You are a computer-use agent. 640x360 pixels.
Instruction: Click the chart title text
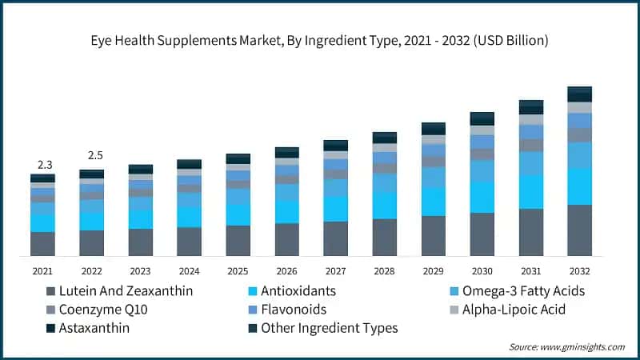click(320, 39)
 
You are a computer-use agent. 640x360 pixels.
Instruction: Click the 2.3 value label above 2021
click(42, 164)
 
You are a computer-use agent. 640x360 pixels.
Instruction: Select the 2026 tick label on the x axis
click(286, 270)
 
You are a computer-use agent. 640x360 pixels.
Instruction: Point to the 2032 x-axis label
click(579, 270)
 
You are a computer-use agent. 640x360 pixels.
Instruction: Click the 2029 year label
click(433, 270)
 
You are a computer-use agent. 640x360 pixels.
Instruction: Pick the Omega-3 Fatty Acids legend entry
click(524, 290)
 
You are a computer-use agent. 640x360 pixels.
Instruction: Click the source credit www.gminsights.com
click(566, 346)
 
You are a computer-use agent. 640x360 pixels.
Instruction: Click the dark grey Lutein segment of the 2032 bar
click(579, 230)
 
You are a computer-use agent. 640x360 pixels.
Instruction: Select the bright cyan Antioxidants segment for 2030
click(482, 197)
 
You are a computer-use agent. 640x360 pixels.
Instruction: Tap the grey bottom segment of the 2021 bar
click(42, 244)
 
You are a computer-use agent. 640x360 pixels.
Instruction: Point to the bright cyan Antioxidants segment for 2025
click(238, 214)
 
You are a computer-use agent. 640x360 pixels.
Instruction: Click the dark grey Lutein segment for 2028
click(384, 238)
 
